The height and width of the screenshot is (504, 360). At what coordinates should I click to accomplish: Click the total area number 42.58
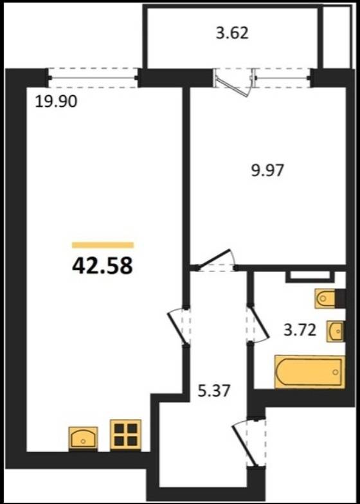click(x=102, y=266)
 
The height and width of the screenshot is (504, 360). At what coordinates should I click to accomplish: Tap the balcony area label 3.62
click(x=232, y=33)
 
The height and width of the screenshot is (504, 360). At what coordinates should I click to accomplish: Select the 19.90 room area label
click(x=56, y=102)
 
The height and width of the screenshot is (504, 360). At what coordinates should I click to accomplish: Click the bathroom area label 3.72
click(x=300, y=330)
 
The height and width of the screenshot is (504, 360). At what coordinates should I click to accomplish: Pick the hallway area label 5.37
click(x=214, y=391)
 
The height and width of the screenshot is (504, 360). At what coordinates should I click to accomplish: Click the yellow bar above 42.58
click(x=103, y=245)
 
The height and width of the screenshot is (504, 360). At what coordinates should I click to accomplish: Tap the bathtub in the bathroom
click(x=310, y=372)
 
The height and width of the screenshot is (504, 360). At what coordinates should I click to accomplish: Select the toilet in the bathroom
click(x=329, y=298)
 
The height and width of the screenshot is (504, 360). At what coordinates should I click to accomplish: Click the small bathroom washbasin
click(x=336, y=331)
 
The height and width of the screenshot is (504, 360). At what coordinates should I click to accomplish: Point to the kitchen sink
click(x=83, y=438)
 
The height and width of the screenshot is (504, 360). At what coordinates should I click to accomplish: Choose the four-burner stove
click(x=126, y=435)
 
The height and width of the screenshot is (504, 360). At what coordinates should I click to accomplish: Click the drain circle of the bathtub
click(x=336, y=372)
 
